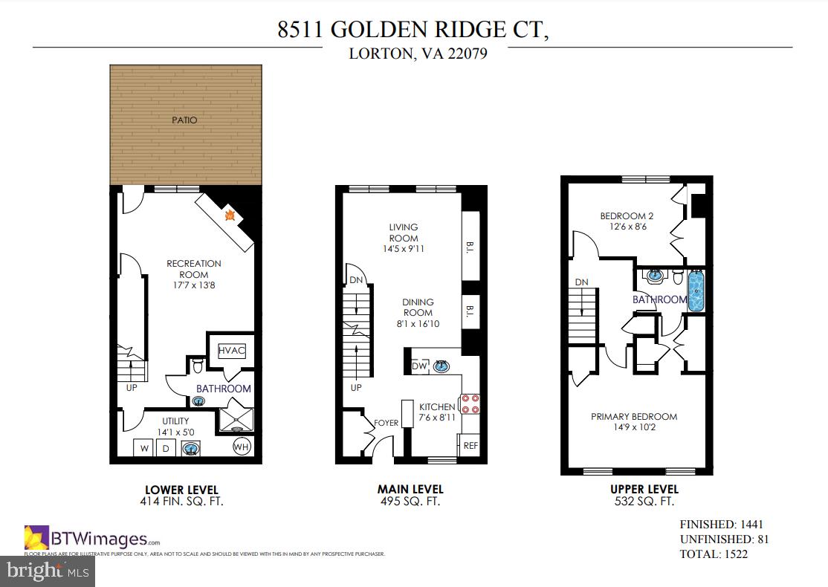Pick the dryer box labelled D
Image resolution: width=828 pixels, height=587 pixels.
[x=166, y=448]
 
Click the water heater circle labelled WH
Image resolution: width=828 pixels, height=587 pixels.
[x=242, y=447]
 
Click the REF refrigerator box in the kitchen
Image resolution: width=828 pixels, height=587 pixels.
[x=470, y=446]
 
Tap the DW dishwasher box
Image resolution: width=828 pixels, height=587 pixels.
[x=419, y=366]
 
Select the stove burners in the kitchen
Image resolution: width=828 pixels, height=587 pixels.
[x=470, y=403]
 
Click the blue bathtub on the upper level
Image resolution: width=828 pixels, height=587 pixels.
[x=696, y=292]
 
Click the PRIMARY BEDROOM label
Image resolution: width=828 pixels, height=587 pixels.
[x=634, y=417]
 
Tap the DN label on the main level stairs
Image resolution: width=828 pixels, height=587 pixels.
[x=356, y=279]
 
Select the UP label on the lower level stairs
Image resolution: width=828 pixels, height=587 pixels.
[x=132, y=387]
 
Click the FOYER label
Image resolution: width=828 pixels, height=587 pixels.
[x=386, y=424]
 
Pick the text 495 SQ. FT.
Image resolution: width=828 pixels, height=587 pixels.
[x=410, y=502]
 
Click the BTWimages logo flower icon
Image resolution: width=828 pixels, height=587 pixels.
[x=36, y=537]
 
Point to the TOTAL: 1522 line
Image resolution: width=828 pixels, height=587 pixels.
[x=714, y=554]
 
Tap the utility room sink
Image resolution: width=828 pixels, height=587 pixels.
[x=191, y=448]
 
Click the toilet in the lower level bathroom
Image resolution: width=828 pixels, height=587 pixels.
[x=197, y=365]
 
